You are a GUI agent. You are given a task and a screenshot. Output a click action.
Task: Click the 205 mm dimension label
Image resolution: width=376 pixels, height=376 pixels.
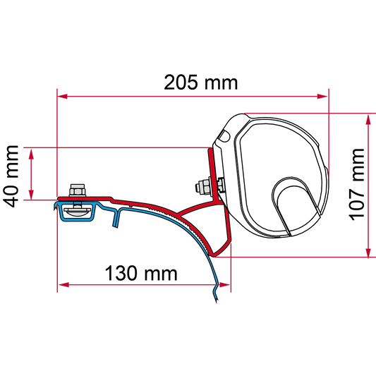point(201,83)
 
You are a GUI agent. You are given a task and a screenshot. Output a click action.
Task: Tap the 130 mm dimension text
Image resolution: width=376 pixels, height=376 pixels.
point(141,273)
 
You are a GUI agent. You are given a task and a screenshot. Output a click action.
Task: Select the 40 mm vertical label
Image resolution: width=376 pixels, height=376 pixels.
point(12,176)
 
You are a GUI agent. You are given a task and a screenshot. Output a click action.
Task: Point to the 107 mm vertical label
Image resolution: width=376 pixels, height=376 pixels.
point(356,184)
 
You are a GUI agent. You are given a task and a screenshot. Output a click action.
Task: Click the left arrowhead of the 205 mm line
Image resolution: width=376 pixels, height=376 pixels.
point(62,97)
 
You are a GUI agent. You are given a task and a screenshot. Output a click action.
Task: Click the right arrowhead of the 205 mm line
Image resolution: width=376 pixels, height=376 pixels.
point(322,97)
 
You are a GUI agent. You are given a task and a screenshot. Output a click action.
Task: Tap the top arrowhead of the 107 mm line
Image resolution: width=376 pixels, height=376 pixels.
point(368,119)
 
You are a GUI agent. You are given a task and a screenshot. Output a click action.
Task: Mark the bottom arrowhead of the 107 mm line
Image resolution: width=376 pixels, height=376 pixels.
point(368,253)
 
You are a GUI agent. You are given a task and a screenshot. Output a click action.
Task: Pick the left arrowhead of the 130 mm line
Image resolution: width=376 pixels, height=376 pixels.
point(63,285)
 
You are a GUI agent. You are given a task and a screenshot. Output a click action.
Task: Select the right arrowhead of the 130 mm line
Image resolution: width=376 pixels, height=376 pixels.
point(225,285)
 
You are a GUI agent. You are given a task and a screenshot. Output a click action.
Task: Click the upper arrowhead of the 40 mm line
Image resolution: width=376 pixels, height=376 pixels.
point(31,154)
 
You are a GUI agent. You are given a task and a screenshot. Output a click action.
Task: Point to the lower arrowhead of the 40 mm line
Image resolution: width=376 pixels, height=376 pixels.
point(31,194)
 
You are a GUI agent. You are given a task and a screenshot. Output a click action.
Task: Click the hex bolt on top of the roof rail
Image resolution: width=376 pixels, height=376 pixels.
point(77,190)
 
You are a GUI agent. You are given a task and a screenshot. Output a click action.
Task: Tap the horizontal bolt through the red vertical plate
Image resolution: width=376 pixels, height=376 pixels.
point(209,185)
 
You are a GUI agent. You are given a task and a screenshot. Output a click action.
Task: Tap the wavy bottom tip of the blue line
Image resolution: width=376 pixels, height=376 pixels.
point(215,294)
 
